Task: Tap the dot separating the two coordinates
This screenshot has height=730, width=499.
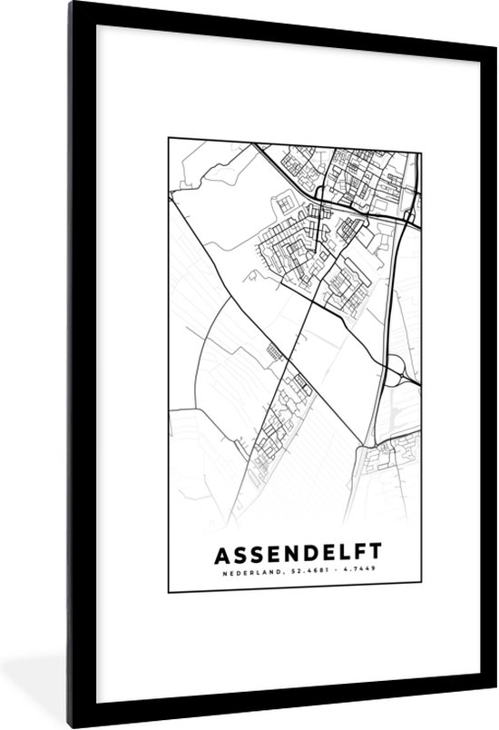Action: pyautogui.click(x=329, y=571)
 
